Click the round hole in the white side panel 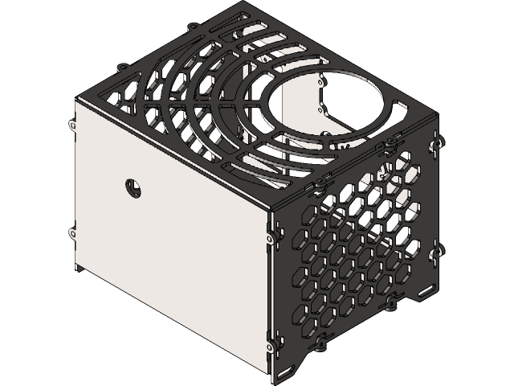tap(133, 187)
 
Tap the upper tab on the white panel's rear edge tap(71, 125)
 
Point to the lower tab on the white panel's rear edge tap(72, 233)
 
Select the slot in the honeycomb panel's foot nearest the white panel tap(288, 374)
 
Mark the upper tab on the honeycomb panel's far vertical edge tap(439, 142)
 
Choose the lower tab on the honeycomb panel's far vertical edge tap(439, 251)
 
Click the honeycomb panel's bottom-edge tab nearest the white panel tap(321, 346)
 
